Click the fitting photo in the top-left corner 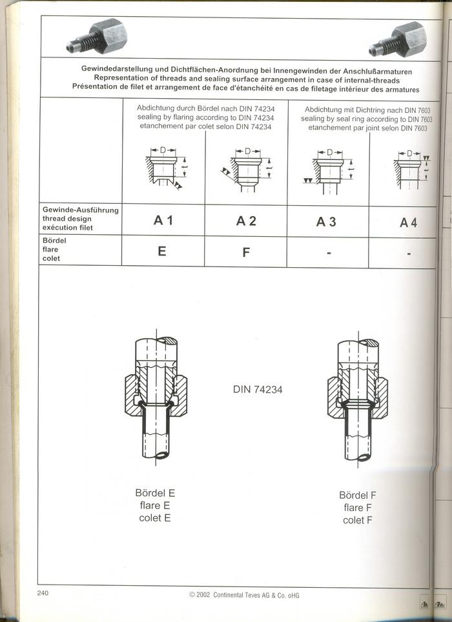coord(98,38)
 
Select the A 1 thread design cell coord(163,221)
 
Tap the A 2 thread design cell coord(246,221)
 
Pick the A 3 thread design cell coord(327,221)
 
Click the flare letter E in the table coord(162,251)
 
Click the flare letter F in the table coord(246,252)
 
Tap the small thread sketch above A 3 coord(329,168)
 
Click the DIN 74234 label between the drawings coord(258,389)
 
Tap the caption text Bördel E coord(155,493)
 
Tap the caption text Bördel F coord(358,496)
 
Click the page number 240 coord(43,593)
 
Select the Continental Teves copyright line coord(243,595)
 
